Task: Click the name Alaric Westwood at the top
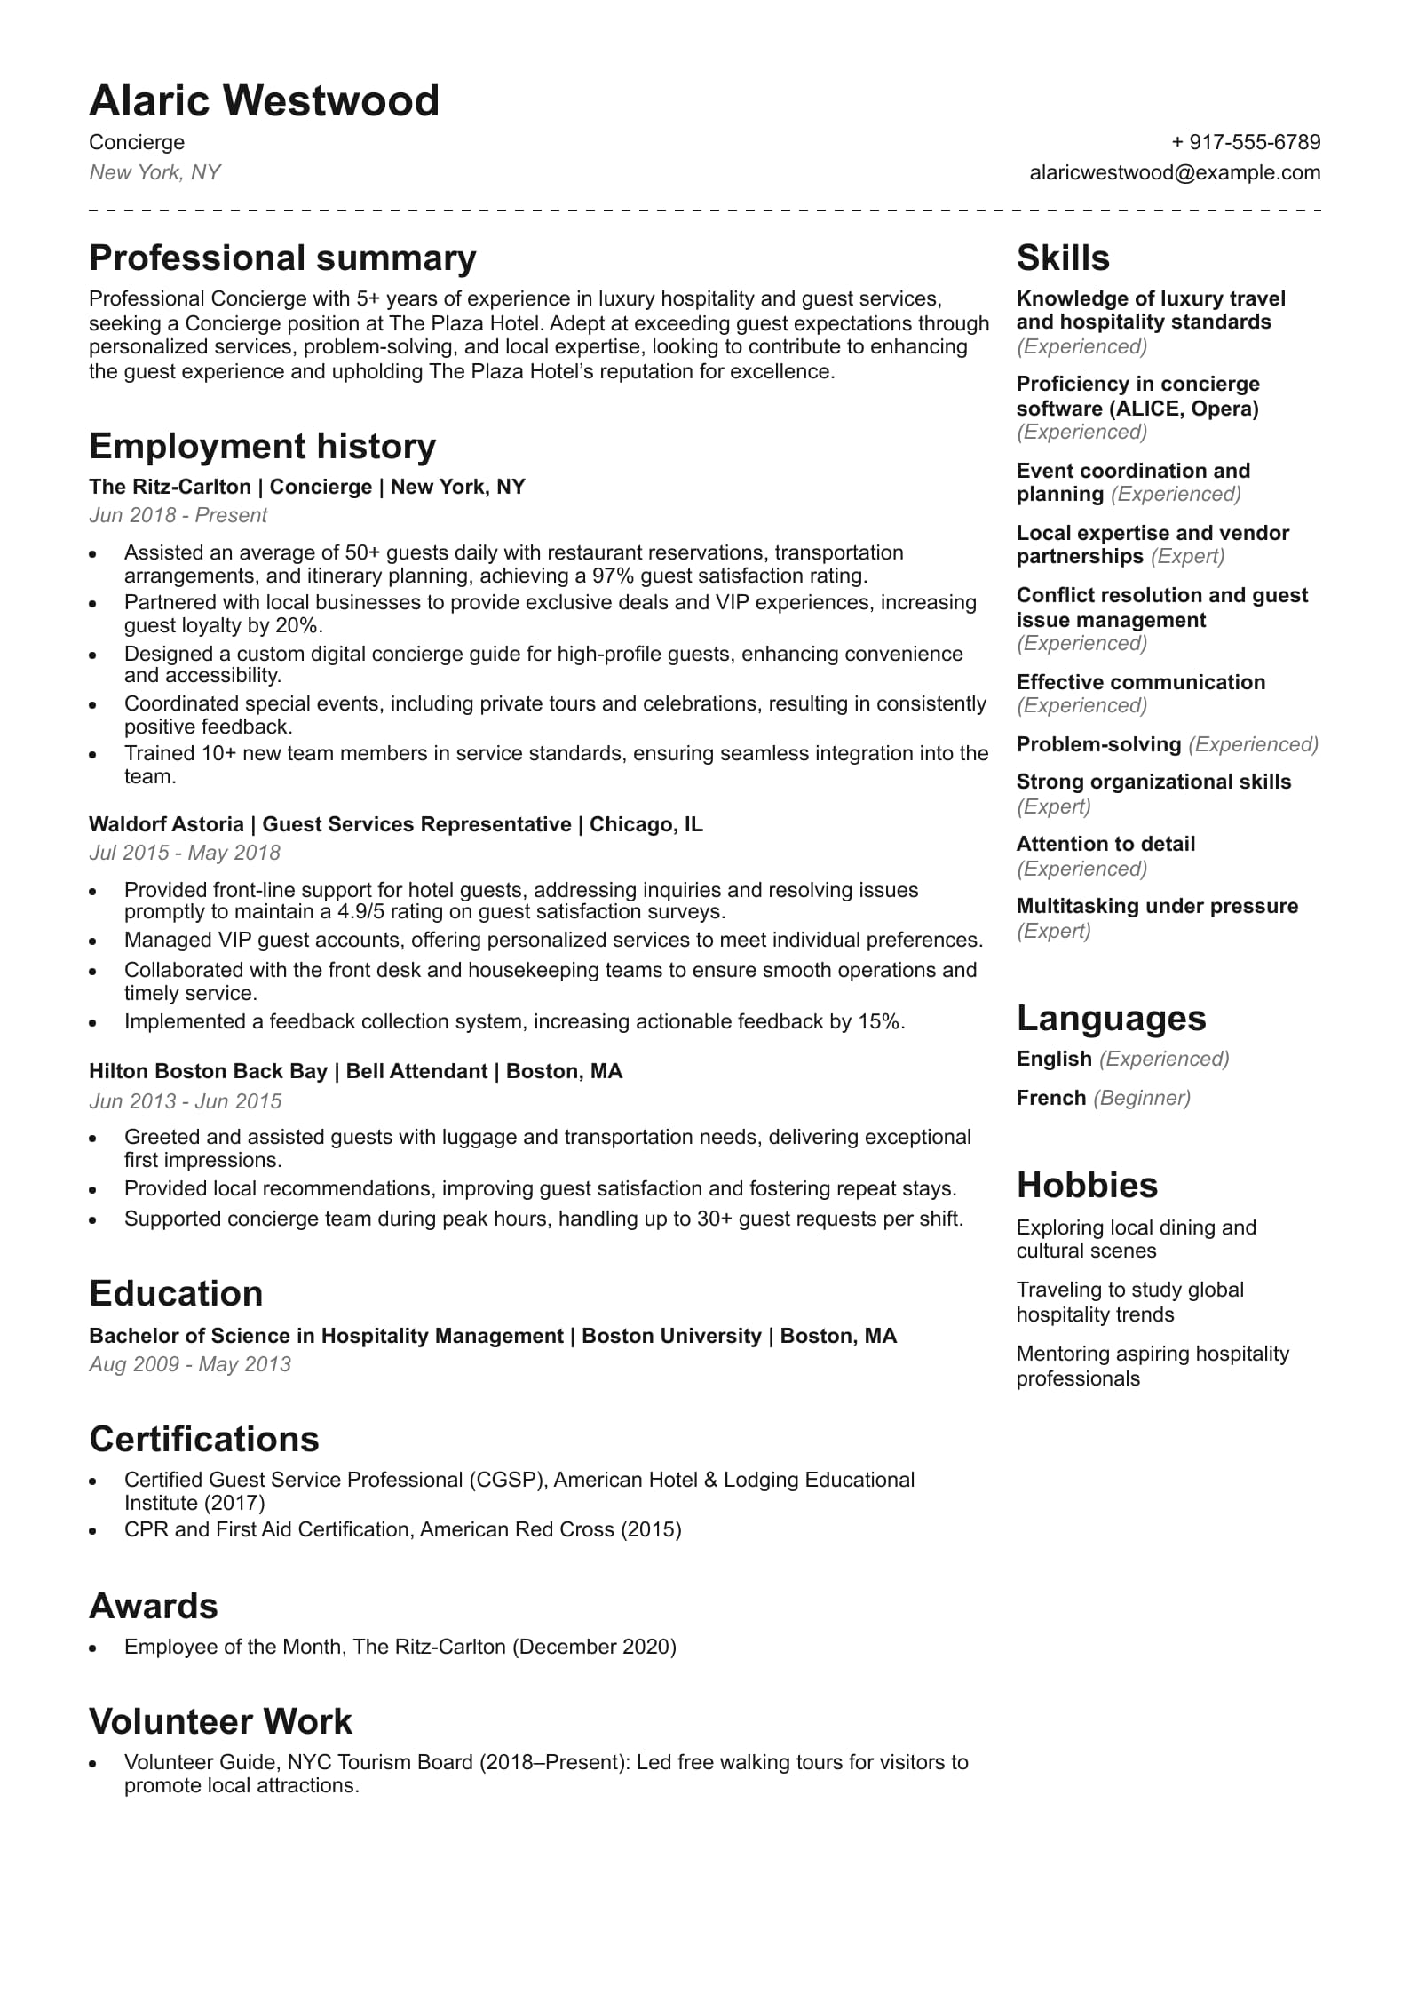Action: tap(264, 101)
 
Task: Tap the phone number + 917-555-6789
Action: tap(1246, 142)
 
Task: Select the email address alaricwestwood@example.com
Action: tap(1175, 172)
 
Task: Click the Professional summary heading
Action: tap(282, 258)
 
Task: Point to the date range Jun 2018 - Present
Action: tap(178, 515)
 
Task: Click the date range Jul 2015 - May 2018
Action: tap(184, 853)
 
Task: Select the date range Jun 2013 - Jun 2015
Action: tap(185, 1101)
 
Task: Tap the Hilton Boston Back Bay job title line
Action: tap(355, 1071)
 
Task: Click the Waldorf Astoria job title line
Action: tap(395, 824)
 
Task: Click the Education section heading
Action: tap(176, 1294)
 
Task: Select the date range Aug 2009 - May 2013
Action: tap(189, 1364)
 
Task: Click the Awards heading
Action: tap(153, 1607)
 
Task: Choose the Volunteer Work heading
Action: tap(220, 1722)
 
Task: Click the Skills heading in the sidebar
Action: tap(1062, 258)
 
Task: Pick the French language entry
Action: tap(1050, 1098)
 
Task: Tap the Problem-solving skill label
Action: tap(1098, 744)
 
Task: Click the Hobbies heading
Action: tap(1087, 1186)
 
